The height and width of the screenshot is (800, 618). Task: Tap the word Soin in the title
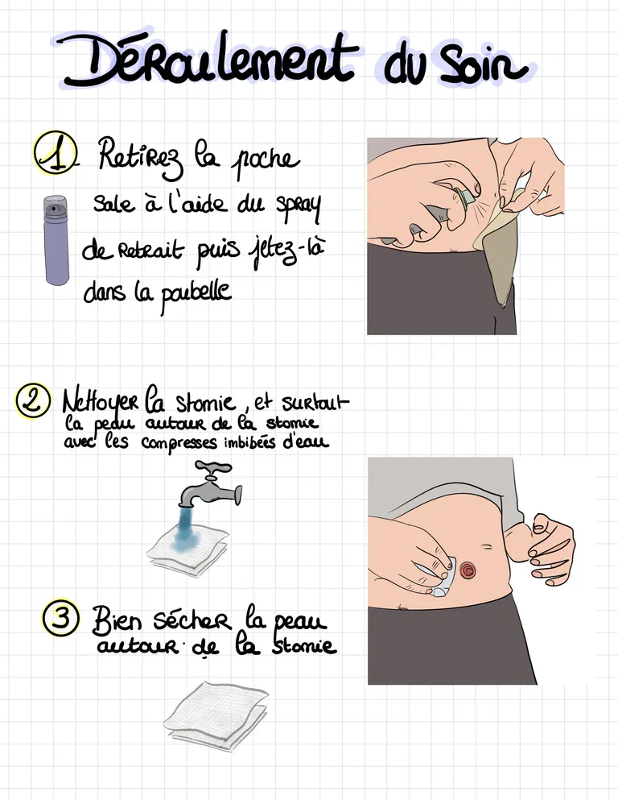pyautogui.click(x=483, y=65)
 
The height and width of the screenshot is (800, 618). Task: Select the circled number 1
pyautogui.click(x=55, y=152)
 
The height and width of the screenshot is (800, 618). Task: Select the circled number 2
pyautogui.click(x=33, y=400)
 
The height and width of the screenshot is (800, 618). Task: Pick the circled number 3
pyautogui.click(x=61, y=618)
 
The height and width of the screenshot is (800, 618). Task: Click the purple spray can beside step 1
pyautogui.click(x=56, y=240)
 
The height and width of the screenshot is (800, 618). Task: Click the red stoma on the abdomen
pyautogui.click(x=468, y=570)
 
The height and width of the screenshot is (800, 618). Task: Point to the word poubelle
pyautogui.click(x=196, y=294)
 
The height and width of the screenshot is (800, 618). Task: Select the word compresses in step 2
pyautogui.click(x=179, y=443)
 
